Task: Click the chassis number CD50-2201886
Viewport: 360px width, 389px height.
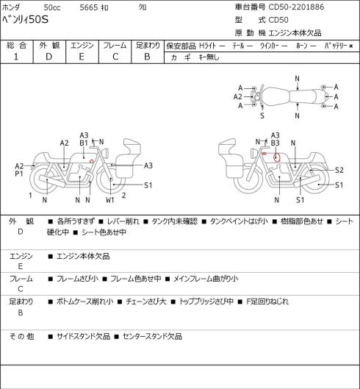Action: (x=296, y=7)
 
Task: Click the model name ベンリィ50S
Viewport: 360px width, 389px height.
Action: (x=25, y=19)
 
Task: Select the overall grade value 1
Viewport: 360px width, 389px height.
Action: (x=16, y=57)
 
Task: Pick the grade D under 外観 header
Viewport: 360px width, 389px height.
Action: (x=48, y=57)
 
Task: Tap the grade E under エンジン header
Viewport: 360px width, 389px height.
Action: (x=82, y=57)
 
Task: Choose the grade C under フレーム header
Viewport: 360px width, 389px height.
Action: (x=115, y=57)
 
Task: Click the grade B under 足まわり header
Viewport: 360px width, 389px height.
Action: (x=147, y=57)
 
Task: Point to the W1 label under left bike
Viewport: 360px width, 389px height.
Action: (x=109, y=200)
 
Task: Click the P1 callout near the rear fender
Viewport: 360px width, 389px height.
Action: (x=19, y=174)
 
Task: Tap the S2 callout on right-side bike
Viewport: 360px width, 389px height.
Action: (x=339, y=170)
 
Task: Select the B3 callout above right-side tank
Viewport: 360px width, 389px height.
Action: (x=276, y=143)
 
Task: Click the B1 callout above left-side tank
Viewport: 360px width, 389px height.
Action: (x=84, y=143)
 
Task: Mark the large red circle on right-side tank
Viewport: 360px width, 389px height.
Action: (x=277, y=157)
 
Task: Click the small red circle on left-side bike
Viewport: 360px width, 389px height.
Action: (x=92, y=161)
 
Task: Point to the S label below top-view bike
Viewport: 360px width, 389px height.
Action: (x=262, y=115)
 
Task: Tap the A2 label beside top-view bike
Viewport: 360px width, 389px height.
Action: (x=237, y=97)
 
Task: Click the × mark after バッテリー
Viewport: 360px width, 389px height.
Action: (x=351, y=46)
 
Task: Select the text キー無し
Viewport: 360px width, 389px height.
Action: (x=209, y=57)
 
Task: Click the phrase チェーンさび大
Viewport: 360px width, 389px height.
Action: (x=146, y=301)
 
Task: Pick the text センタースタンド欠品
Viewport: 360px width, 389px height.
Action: (x=153, y=336)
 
